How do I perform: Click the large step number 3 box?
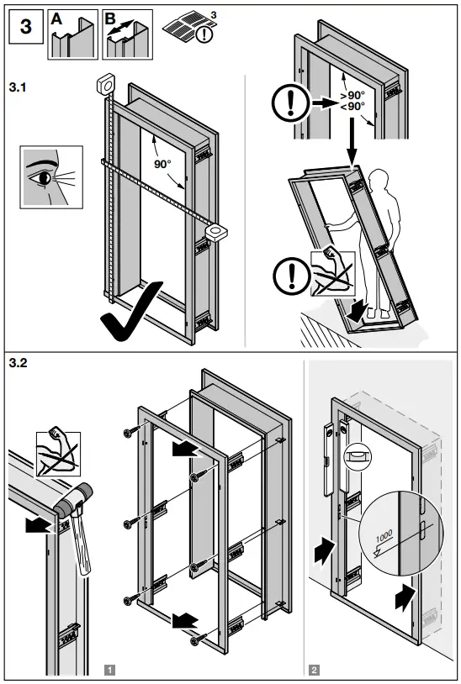pyautogui.click(x=25, y=26)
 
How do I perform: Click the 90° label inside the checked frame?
pyautogui.click(x=162, y=165)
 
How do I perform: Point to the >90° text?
pyautogui.click(x=352, y=96)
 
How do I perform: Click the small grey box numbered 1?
pyautogui.click(x=109, y=670)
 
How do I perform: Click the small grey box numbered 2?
pyautogui.click(x=314, y=670)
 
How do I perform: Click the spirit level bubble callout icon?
pyautogui.click(x=356, y=453)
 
